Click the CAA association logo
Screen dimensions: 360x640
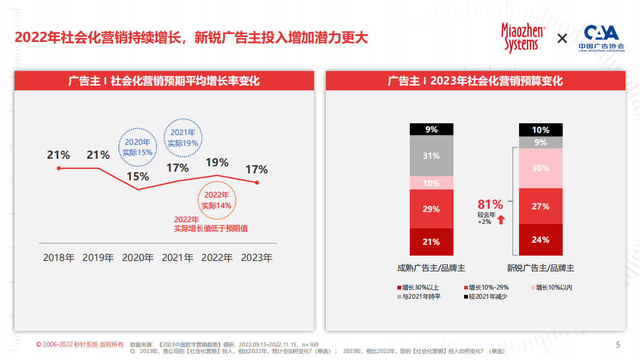pos(601,38)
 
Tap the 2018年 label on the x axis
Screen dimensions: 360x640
pos(59,258)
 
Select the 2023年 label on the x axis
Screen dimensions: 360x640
pos(257,258)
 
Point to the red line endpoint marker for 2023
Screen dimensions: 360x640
pos(257,182)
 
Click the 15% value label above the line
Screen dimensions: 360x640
pos(138,177)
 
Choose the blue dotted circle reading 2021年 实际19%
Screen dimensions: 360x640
pos(183,138)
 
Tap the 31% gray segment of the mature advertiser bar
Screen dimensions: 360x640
pos(431,156)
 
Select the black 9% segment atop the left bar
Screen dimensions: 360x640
pos(431,129)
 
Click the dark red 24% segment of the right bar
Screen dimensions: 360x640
pos(541,240)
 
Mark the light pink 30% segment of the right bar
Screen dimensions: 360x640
pos(541,168)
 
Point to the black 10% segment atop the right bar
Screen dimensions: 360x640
pos(541,130)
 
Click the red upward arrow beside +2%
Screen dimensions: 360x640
pos(501,220)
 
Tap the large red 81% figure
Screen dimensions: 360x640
pos(490,204)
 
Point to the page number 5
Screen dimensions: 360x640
pos(618,344)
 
